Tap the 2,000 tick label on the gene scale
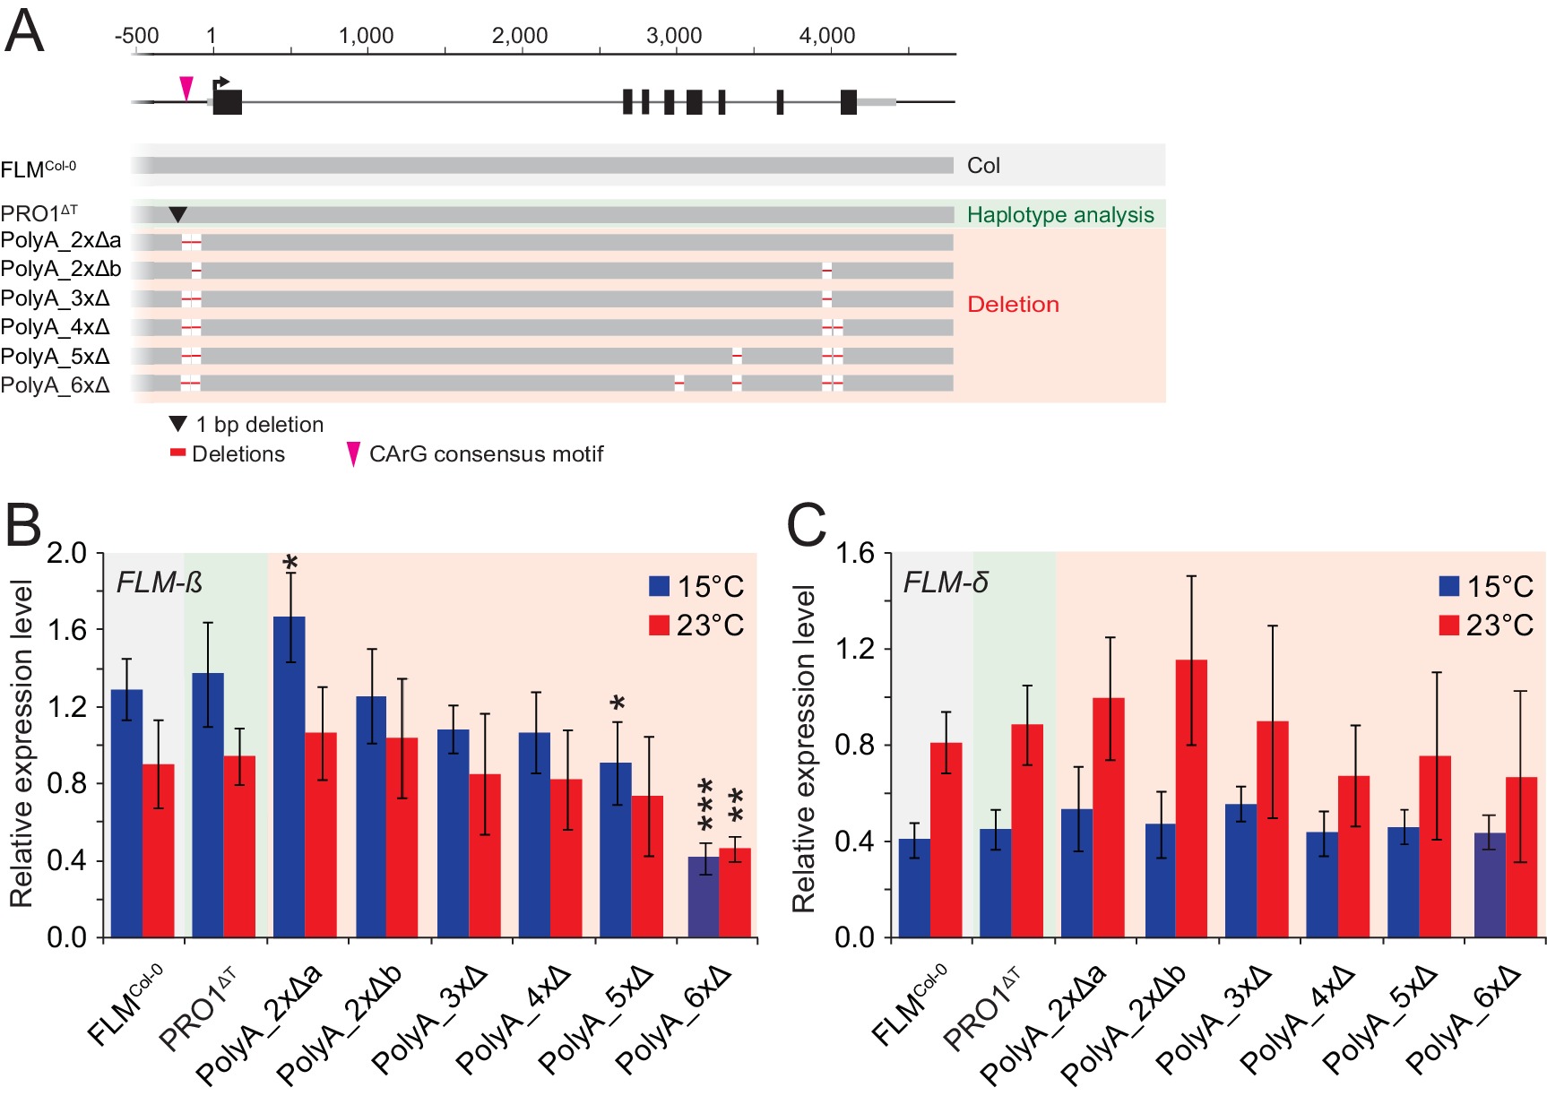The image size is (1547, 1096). click(520, 36)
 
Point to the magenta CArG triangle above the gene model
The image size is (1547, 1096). click(186, 88)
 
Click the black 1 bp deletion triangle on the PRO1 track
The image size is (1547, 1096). click(178, 214)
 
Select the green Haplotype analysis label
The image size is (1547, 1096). click(1060, 215)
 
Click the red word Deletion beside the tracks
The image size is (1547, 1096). click(1013, 305)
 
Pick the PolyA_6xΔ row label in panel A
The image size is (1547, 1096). click(56, 385)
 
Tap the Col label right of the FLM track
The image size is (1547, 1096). click(983, 166)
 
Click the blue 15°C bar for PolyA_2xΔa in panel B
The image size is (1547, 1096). click(290, 776)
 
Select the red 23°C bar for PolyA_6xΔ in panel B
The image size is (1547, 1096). click(735, 893)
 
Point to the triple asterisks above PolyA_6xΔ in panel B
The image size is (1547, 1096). click(705, 805)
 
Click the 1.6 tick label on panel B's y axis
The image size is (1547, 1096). click(67, 630)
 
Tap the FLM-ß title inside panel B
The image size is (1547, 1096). click(160, 583)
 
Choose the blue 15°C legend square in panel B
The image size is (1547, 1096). click(660, 586)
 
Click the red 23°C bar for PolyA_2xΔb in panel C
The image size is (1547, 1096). click(1191, 798)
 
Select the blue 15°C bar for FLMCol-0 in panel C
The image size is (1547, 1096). click(914, 887)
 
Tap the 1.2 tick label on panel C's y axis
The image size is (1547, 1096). click(855, 649)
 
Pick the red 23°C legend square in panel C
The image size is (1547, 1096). click(1449, 625)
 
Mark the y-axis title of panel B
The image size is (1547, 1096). click(22, 744)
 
